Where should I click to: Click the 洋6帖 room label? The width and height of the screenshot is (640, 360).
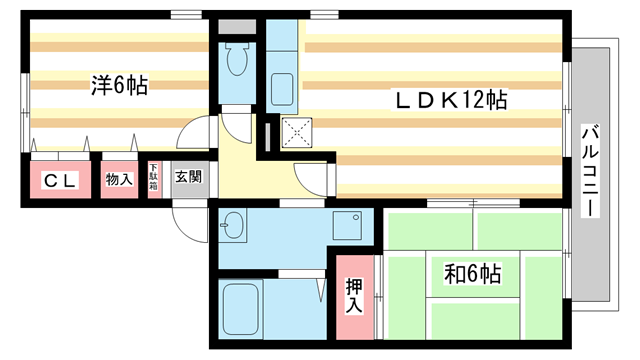pyautogui.click(x=119, y=86)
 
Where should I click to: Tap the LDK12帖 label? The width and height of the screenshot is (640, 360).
pyautogui.click(x=451, y=100)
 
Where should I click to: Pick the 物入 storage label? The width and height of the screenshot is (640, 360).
pyautogui.click(x=120, y=180)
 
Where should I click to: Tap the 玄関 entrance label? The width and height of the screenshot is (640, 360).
pyautogui.click(x=188, y=178)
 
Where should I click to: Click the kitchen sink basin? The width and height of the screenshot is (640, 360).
pyautogui.click(x=281, y=87)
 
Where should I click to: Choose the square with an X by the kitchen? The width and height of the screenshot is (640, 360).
pyautogui.click(x=297, y=131)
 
